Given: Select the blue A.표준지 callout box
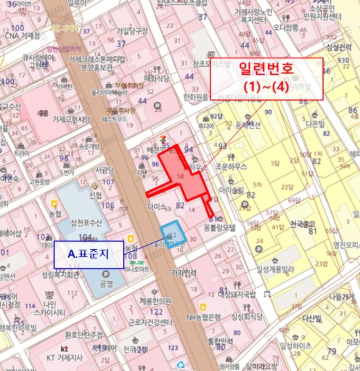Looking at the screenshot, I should [88, 254].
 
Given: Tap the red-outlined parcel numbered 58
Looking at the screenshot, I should [183, 176].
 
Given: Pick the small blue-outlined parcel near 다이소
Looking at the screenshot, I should [173, 235].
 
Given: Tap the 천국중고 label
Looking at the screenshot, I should [303, 225].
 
